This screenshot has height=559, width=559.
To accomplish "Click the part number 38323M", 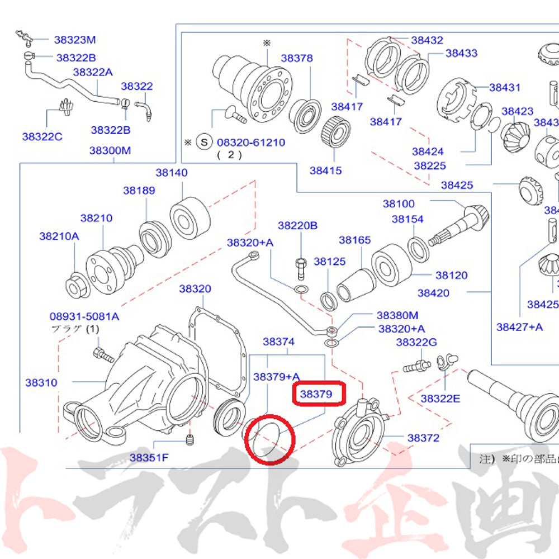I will pos(75,40).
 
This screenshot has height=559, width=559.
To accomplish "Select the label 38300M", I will pos(110,151).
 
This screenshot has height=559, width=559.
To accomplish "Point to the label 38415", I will pos(325,170).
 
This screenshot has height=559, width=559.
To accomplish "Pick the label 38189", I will pos(139,190).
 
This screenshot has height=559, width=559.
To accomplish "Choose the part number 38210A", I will pos(59,236).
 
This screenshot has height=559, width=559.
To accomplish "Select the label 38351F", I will pos(149,458).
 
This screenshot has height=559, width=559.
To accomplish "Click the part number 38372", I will pos(423,438).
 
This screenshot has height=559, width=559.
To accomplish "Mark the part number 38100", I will pos(399,203).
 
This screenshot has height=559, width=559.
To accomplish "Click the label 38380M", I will pos(397,316).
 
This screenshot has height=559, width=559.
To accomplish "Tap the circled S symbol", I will pos(205,142).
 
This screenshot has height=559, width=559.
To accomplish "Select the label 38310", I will pos(41,383).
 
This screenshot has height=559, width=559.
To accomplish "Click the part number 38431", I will pos(505,87).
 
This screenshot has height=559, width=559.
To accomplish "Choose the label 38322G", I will pos(416,342).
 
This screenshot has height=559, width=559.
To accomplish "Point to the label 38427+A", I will pos(519,326).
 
